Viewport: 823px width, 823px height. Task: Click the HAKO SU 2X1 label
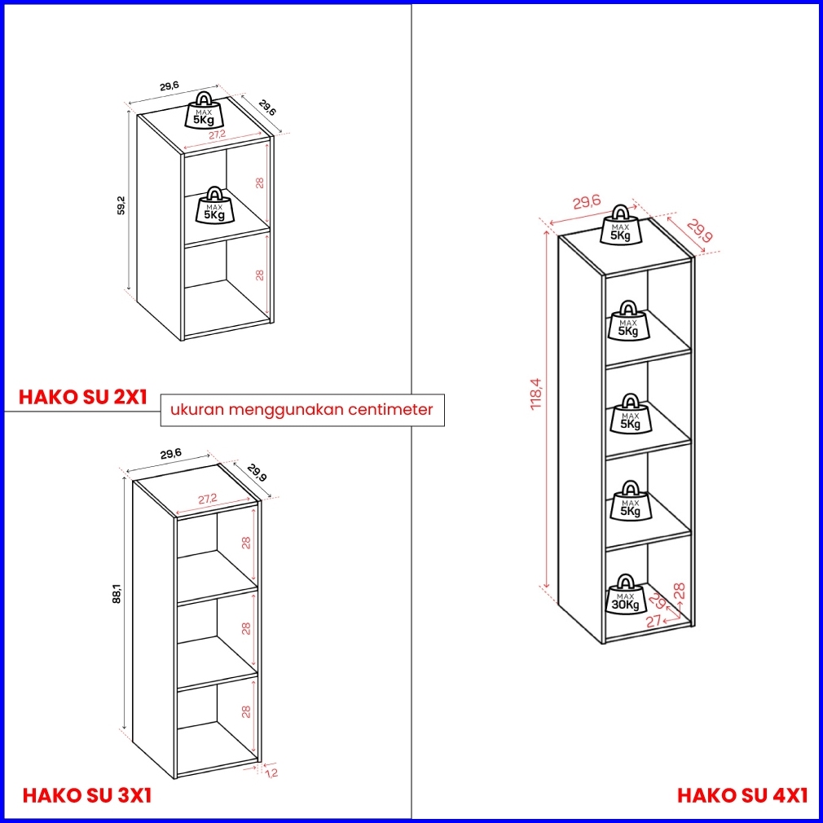(83, 397)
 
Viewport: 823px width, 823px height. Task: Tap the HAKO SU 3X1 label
(86, 796)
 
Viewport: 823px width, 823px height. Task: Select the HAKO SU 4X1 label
(742, 795)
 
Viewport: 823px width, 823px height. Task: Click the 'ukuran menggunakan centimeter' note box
(302, 409)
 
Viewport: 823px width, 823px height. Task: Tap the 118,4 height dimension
(536, 394)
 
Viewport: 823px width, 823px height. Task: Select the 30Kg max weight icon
(625, 594)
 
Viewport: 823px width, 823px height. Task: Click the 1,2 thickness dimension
(271, 772)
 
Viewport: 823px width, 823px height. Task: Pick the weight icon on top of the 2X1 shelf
(204, 110)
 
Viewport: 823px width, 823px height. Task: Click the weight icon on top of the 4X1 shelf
(620, 225)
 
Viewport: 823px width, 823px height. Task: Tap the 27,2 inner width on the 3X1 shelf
(207, 500)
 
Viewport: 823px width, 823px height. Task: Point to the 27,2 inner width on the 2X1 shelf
(217, 135)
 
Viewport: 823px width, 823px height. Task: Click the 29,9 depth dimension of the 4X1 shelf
(699, 231)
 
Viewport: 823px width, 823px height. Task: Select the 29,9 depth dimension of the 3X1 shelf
(257, 473)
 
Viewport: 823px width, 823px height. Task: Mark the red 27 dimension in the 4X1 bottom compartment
(653, 622)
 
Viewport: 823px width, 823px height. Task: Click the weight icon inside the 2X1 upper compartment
(214, 205)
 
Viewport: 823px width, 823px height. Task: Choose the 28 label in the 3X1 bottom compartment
(245, 711)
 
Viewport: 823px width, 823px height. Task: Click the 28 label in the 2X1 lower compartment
(259, 275)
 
